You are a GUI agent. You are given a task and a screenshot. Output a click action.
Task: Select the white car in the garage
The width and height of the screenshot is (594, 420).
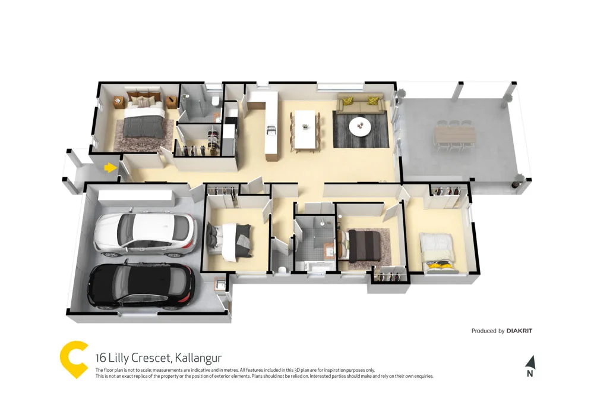point(146,233)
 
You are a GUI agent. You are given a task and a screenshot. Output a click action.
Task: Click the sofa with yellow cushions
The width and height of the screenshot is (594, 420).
point(359,103)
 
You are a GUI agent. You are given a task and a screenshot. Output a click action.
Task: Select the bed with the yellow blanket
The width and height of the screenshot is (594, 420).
point(438,252)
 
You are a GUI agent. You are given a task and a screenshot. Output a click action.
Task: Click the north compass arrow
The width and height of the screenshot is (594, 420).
point(530,362)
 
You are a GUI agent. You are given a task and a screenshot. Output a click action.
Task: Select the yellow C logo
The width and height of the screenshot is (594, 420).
point(75,359)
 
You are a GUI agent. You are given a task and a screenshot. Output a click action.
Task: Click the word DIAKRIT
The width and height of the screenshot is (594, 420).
point(519,331)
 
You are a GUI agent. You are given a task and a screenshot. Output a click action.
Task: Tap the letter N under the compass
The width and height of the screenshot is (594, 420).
point(530,374)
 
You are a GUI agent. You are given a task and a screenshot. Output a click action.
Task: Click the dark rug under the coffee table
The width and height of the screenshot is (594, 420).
point(360,130)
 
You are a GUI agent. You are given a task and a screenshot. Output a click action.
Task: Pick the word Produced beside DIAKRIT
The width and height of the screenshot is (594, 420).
point(488,331)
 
